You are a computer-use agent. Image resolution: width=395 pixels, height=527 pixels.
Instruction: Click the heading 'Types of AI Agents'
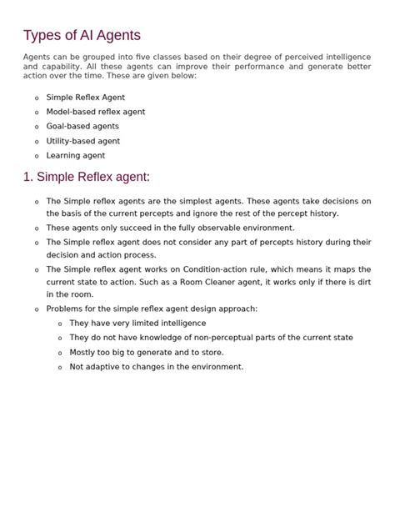point(82,35)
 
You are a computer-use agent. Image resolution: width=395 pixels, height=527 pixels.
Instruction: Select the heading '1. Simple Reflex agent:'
point(87,177)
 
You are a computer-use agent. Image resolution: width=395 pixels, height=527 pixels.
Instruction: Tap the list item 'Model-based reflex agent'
point(95,112)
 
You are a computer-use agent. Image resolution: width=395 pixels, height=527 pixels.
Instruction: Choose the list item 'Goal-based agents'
point(82,126)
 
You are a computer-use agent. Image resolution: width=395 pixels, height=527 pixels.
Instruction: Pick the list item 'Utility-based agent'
point(83,141)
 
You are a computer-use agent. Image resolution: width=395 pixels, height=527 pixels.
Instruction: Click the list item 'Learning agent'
point(76,155)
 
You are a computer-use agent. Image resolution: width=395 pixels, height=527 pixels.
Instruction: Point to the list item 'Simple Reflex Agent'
point(86,98)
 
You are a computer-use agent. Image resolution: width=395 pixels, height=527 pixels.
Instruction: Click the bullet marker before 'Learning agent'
point(37,156)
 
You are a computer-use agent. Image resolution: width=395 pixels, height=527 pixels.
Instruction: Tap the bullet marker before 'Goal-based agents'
point(37,127)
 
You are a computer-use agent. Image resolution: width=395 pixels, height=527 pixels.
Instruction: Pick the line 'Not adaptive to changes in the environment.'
point(157,366)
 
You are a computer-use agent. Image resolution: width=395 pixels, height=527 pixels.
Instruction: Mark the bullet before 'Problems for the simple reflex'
point(37,309)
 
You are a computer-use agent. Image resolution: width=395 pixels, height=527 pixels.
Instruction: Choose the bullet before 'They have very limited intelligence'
point(60,324)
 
